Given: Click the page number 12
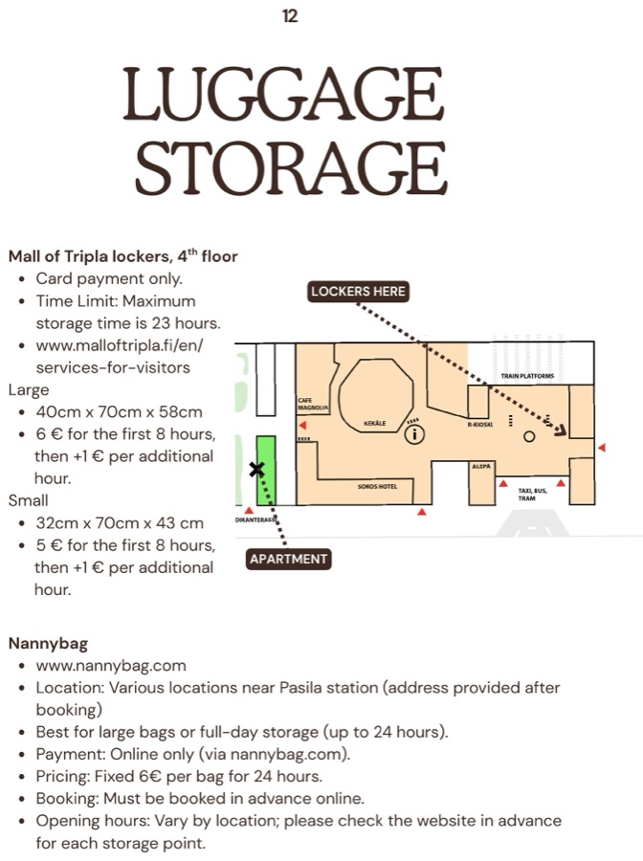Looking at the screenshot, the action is click(290, 16).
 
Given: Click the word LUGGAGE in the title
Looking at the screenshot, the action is click(283, 94).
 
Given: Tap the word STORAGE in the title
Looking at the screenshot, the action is click(292, 167).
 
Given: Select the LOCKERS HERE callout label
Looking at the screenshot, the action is click(358, 292).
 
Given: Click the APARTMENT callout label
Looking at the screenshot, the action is click(288, 559).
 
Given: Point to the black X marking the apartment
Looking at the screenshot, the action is click(256, 469).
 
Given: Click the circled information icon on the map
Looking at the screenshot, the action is click(414, 434).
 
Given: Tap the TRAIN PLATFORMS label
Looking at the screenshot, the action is click(527, 376).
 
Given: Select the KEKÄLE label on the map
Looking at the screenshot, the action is click(375, 424).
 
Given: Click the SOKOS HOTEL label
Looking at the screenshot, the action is click(377, 487).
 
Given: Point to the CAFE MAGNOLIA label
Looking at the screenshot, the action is click(313, 404).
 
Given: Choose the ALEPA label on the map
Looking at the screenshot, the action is click(481, 466).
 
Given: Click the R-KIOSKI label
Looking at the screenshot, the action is click(480, 425).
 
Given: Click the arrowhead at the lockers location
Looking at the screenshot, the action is click(561, 430).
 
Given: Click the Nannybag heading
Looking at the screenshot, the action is click(49, 644).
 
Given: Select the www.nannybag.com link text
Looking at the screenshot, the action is click(111, 666).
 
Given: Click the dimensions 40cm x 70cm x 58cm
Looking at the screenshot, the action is click(120, 411).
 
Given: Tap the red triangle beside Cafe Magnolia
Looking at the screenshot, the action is click(302, 426).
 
